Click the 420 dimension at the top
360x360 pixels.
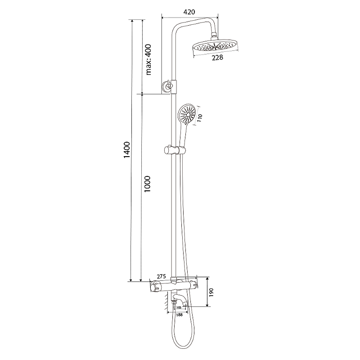[189, 12]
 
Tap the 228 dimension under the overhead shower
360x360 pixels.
[217, 58]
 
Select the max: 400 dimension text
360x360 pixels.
[148, 60]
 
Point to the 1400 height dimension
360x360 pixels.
[127, 150]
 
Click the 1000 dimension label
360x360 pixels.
[147, 184]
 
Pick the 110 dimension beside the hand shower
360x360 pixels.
[200, 118]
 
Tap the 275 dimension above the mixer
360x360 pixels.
[161, 276]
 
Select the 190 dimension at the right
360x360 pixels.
[211, 292]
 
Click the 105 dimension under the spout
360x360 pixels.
[179, 307]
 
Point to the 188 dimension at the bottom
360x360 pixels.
[179, 315]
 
